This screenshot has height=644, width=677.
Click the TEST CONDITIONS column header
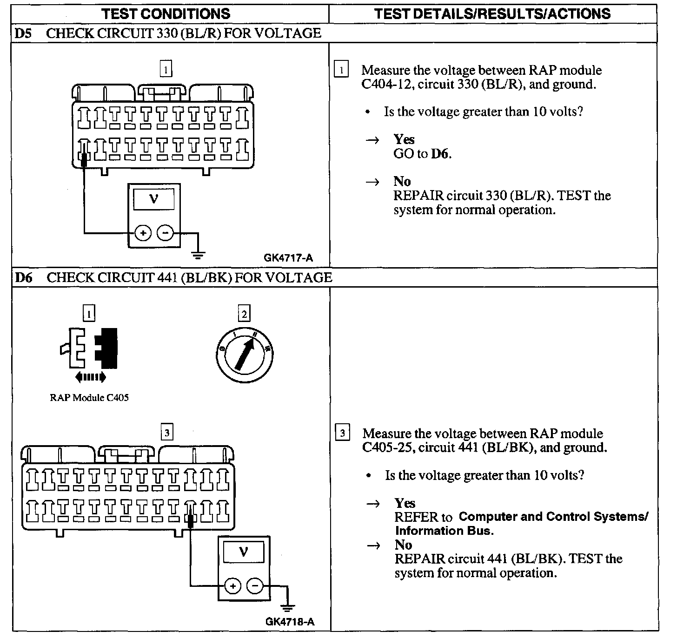166,13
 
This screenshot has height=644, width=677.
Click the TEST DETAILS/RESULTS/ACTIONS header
492,13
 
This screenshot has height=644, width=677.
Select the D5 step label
23,33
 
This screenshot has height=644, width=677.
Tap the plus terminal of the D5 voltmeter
143,233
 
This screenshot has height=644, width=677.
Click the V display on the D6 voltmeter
243,552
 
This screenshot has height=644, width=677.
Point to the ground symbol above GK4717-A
198,254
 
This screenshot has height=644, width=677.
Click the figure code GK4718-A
290,622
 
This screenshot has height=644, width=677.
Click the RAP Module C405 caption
89,398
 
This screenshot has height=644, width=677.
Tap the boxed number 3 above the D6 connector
166,433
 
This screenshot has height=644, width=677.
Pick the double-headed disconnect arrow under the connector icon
90,377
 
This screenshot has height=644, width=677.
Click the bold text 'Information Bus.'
444,531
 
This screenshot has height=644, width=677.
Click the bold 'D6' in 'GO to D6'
440,154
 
